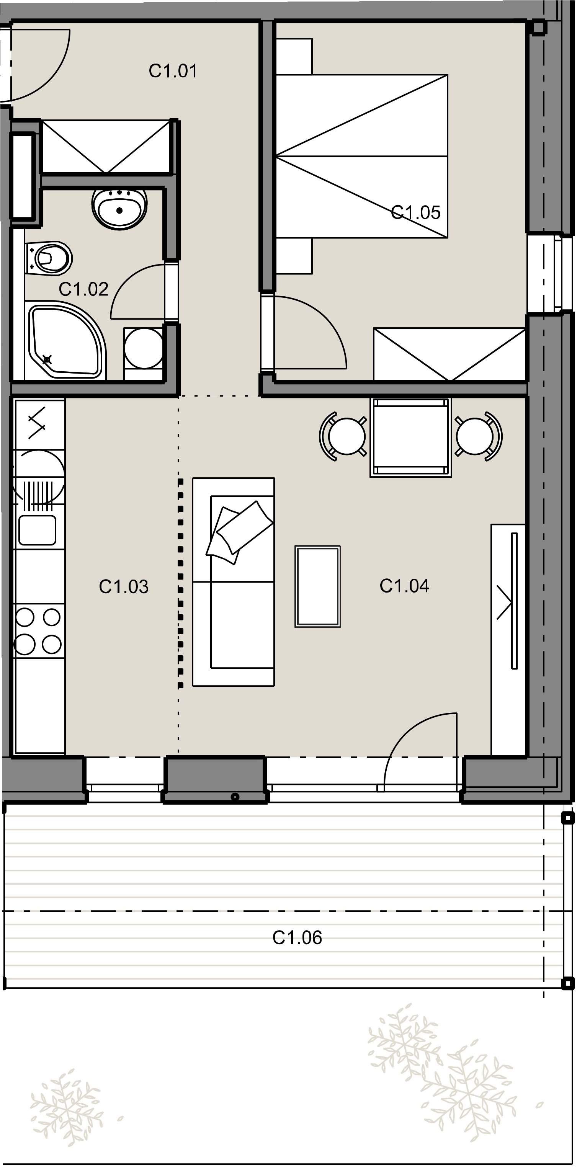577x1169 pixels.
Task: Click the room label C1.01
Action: point(173,71)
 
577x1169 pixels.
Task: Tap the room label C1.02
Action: point(84,289)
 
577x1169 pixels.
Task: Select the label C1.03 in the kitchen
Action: point(124,587)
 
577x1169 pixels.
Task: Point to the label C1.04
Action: point(404,586)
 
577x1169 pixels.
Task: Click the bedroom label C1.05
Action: point(416,212)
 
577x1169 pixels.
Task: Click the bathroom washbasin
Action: point(120,208)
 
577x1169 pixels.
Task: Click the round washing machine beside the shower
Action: point(144,348)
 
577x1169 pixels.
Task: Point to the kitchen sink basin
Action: point(37,531)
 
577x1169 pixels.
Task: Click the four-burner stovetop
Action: point(39,630)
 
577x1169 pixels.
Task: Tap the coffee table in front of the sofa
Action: point(318,586)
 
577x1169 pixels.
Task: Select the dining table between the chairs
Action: point(411,438)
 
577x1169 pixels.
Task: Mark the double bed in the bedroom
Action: point(362,156)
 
